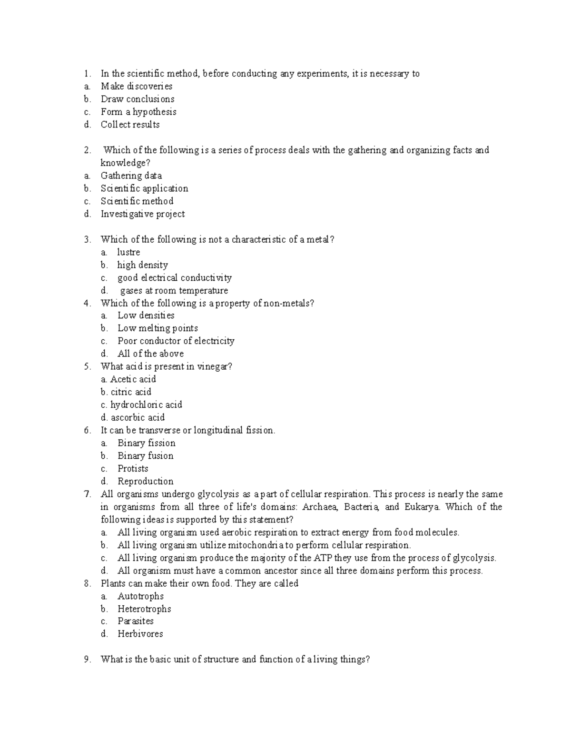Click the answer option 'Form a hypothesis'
click(138, 112)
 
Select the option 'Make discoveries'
click(137, 86)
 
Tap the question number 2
click(87, 150)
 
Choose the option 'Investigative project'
click(143, 214)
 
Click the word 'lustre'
click(128, 252)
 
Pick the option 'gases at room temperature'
click(174, 290)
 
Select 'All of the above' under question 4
click(150, 354)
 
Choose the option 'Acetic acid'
click(133, 379)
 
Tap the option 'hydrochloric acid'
click(146, 404)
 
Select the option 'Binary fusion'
click(146, 456)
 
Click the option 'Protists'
click(133, 469)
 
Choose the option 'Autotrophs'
click(140, 596)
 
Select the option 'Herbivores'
click(140, 634)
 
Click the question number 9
click(87, 660)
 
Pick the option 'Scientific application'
click(144, 188)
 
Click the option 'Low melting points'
click(158, 328)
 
